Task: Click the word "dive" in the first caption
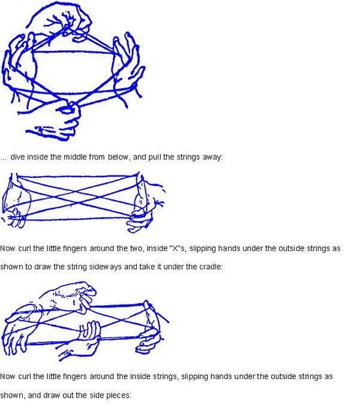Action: pos(18,157)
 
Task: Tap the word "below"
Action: pos(119,157)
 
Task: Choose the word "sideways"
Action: pos(106,267)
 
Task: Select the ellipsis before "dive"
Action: pos(4,159)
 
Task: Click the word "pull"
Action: pos(155,157)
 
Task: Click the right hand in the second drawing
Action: pos(146,204)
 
